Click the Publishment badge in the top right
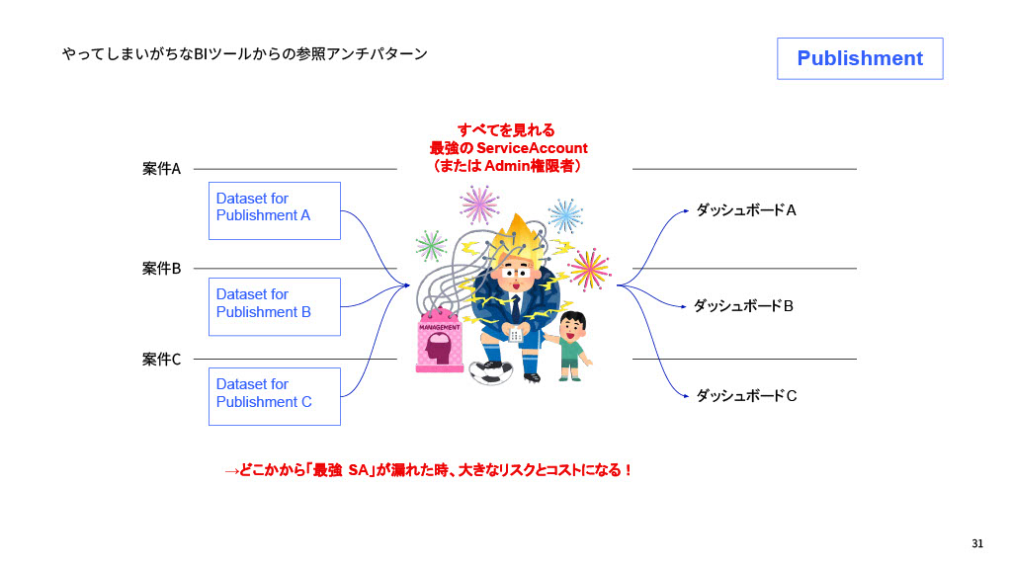click(860, 58)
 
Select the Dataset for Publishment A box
click(274, 209)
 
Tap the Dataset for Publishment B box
click(274, 306)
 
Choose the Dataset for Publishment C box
click(274, 396)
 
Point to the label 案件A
click(161, 169)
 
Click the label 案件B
click(161, 268)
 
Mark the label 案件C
click(161, 360)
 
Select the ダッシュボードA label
click(746, 210)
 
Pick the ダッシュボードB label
click(743, 306)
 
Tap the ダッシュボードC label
click(746, 396)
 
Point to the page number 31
click(977, 544)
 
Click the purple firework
click(479, 203)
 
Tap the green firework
click(431, 245)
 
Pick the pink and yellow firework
click(589, 268)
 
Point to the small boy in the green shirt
click(570, 346)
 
